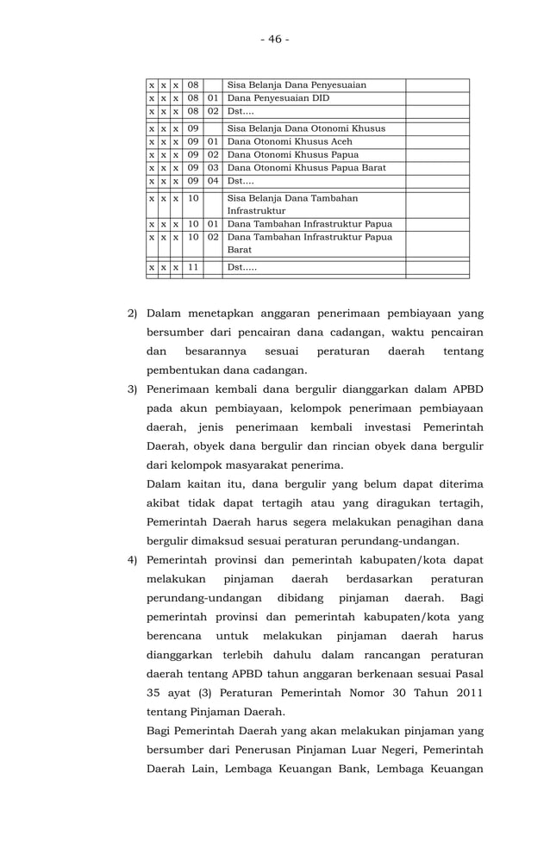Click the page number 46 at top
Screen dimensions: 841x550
[274, 40]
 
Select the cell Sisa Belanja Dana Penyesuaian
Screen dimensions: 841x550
[297, 85]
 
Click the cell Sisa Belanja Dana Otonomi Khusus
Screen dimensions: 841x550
[306, 128]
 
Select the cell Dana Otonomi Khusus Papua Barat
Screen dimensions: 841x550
[306, 167]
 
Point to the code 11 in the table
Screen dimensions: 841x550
[193, 267]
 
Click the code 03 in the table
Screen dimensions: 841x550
[212, 167]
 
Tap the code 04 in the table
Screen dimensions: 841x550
[212, 181]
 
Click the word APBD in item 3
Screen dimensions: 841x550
[465, 389]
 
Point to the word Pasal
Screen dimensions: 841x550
[466, 675]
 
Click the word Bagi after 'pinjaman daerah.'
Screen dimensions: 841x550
[472, 598]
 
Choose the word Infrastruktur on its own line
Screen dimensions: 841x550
[256, 210]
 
